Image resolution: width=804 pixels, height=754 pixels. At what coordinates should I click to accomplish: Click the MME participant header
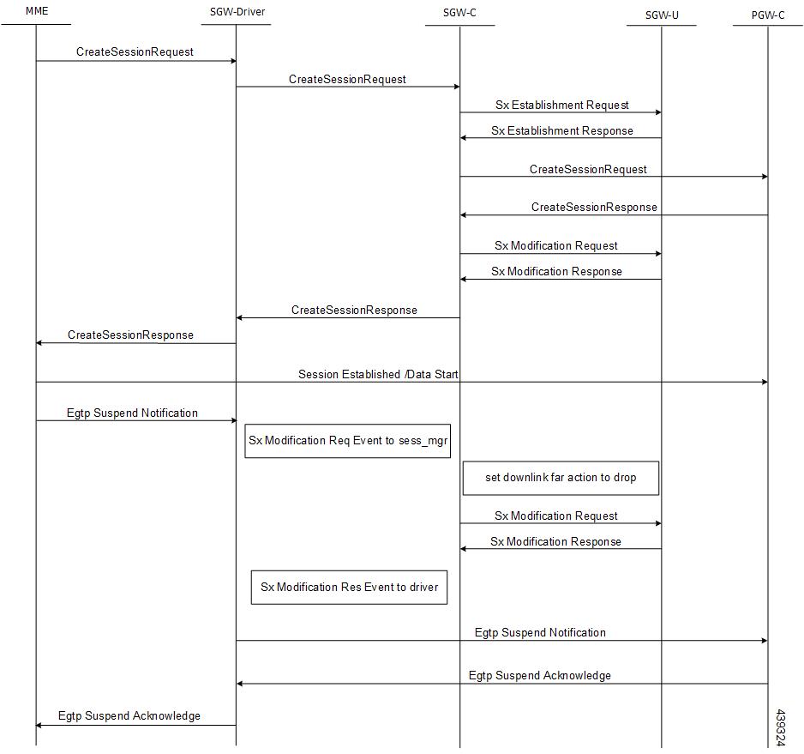pos(37,11)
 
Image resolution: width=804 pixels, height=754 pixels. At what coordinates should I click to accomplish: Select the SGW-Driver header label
pos(237,12)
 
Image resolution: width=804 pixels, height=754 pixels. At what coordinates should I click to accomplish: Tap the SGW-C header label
pos(459,13)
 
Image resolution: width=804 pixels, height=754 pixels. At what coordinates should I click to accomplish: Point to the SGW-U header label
pos(662,15)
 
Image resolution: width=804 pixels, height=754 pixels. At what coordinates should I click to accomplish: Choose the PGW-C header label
pos(768,15)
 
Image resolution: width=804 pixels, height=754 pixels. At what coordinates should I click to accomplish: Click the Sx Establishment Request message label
pos(562,106)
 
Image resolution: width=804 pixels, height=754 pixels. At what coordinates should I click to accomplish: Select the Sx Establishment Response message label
pos(562,131)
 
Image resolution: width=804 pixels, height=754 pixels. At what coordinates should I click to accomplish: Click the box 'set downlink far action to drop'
pos(561,478)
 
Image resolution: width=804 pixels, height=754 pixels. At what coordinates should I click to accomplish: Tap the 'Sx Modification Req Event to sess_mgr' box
pos(348,441)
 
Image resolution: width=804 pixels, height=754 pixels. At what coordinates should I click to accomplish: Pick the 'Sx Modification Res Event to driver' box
pos(349,588)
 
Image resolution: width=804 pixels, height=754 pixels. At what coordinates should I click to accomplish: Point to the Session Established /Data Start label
pos(378,374)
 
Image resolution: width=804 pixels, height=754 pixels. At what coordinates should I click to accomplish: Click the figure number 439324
pos(780,727)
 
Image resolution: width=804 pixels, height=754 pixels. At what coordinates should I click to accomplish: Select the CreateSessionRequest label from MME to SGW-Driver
pos(135,51)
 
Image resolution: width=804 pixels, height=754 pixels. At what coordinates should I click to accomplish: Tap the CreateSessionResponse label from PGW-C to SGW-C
pos(594,208)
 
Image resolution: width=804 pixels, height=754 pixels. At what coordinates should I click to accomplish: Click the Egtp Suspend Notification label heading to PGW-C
pos(540,632)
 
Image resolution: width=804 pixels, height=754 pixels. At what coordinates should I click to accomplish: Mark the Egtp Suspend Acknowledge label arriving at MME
pos(129,715)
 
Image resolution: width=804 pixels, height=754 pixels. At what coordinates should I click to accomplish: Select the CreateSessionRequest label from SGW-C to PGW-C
pos(588,169)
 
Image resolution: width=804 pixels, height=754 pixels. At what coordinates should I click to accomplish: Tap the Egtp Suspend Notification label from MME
pos(132,413)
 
